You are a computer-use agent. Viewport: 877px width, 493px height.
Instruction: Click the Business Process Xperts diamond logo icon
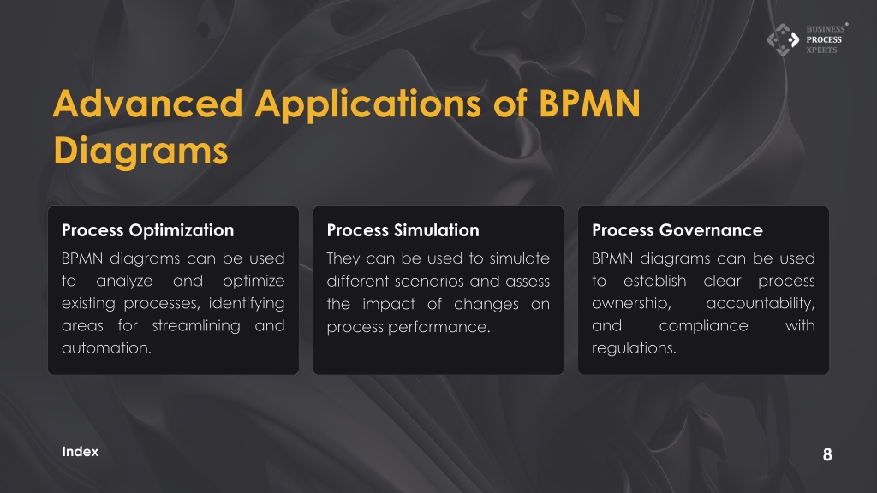pyautogui.click(x=783, y=39)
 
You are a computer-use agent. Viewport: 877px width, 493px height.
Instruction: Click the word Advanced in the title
pyautogui.click(x=147, y=104)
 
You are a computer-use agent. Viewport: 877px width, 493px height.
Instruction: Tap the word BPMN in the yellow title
pyautogui.click(x=589, y=104)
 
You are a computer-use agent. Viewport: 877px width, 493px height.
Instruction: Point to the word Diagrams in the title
pyautogui.click(x=141, y=151)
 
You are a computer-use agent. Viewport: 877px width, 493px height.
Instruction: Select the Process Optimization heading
pyautogui.click(x=147, y=230)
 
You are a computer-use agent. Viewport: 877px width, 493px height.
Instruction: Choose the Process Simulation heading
pyautogui.click(x=403, y=230)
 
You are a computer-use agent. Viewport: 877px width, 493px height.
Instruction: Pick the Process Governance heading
pyautogui.click(x=677, y=230)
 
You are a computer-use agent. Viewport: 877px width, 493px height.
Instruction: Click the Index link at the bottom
pyautogui.click(x=80, y=452)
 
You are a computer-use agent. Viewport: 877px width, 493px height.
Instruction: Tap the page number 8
pyautogui.click(x=827, y=454)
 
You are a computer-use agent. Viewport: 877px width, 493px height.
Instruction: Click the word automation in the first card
pyautogui.click(x=106, y=347)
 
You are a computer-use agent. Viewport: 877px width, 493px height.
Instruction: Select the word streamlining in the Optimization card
pyautogui.click(x=196, y=326)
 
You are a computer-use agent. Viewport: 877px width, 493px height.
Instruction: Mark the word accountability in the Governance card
pyautogui.click(x=761, y=304)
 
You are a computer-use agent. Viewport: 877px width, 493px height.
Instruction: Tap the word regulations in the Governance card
pyautogui.click(x=634, y=348)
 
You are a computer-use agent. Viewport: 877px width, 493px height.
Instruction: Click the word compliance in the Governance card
pyautogui.click(x=703, y=326)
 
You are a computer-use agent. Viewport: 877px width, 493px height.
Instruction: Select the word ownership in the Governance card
pyautogui.click(x=631, y=304)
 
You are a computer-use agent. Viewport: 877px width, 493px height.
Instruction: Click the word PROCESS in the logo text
pyautogui.click(x=824, y=39)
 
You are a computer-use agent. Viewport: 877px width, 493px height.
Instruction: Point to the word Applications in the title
pyautogui.click(x=368, y=104)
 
